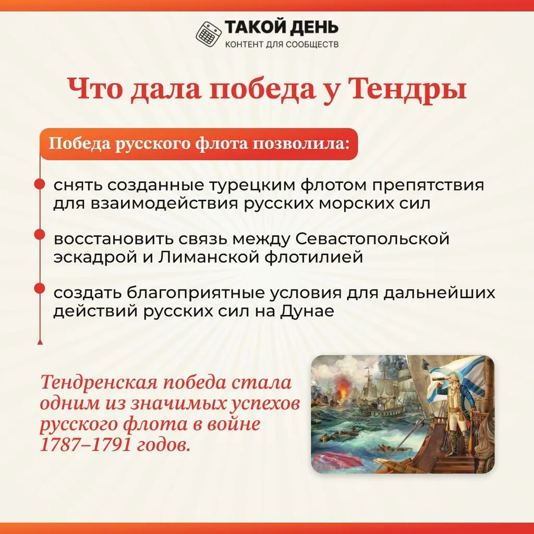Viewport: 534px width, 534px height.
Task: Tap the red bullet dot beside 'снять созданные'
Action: (40, 184)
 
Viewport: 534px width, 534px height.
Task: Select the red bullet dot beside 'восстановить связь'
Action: (40, 235)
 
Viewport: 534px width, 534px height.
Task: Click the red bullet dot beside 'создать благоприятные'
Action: (40, 288)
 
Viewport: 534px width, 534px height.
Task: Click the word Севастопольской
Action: (372, 239)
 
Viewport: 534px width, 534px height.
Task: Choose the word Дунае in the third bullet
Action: (307, 311)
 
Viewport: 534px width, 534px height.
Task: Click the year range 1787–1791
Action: (86, 444)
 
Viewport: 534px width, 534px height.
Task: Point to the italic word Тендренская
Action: (99, 382)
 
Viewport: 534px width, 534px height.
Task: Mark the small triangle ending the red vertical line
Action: (40, 342)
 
